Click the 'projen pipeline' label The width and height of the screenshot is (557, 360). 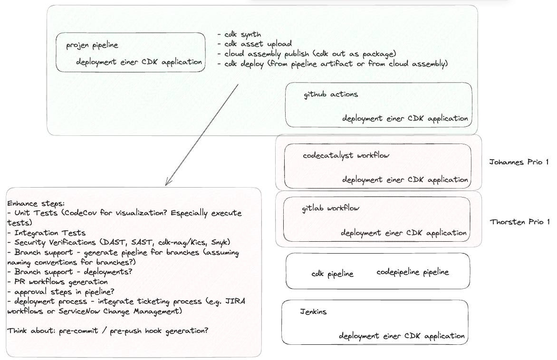92,46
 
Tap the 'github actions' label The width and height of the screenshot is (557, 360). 331,95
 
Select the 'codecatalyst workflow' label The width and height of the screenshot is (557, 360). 346,155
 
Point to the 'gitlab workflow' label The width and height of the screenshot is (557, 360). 330,208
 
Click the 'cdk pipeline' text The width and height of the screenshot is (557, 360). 333,274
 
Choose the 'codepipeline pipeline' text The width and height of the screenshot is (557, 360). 413,272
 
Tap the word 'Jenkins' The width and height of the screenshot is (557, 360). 313,312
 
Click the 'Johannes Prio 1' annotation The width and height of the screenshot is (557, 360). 519,162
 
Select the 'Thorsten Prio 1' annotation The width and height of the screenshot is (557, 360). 520,222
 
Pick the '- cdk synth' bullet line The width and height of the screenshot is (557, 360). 239,35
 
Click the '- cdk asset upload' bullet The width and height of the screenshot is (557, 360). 254,44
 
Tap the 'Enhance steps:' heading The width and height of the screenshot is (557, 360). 36,204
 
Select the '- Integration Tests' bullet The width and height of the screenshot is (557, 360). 46,233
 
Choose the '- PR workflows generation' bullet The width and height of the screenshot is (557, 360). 57,282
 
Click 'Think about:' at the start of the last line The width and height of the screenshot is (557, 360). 31,331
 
